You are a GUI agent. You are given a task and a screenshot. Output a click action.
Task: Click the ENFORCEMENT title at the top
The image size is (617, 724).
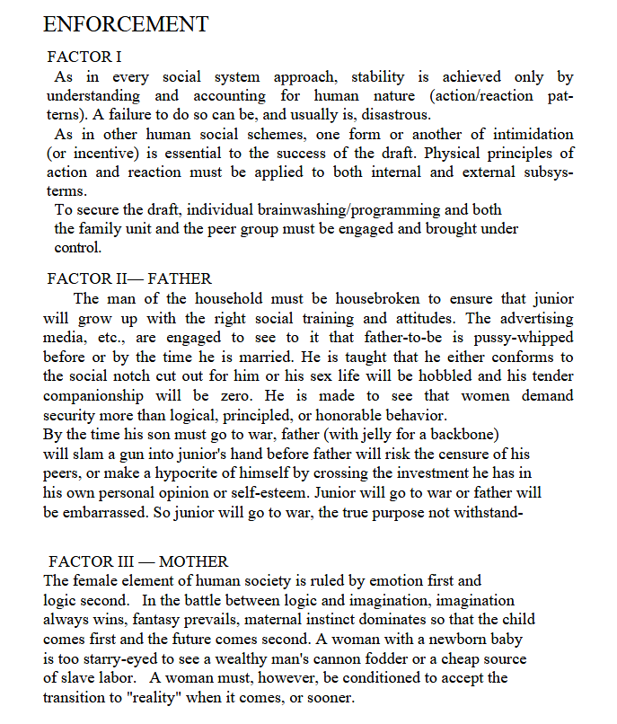click(126, 24)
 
